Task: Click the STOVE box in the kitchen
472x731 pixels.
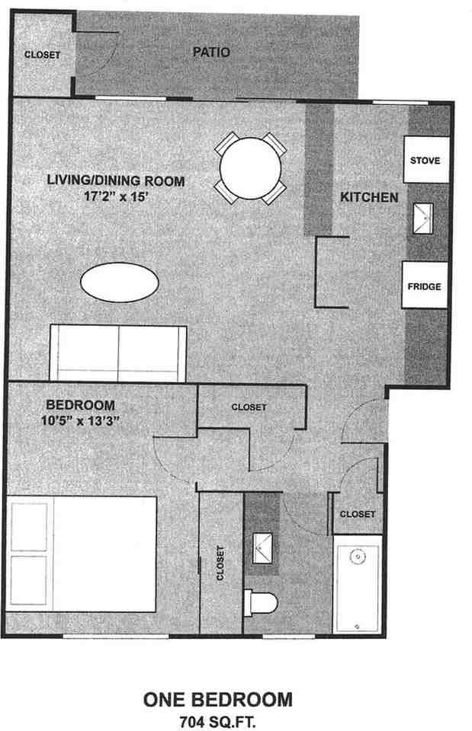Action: coord(425,161)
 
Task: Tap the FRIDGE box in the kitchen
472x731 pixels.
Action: coord(424,286)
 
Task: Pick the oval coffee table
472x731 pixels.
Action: coord(120,283)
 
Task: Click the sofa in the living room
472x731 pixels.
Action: coord(118,352)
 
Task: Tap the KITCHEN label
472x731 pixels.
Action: coord(369,197)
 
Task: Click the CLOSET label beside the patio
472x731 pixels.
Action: coord(42,55)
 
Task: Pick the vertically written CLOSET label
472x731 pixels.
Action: coord(220,563)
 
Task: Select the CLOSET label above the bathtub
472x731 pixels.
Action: coord(357,514)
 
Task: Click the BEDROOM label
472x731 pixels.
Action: coord(80,405)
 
